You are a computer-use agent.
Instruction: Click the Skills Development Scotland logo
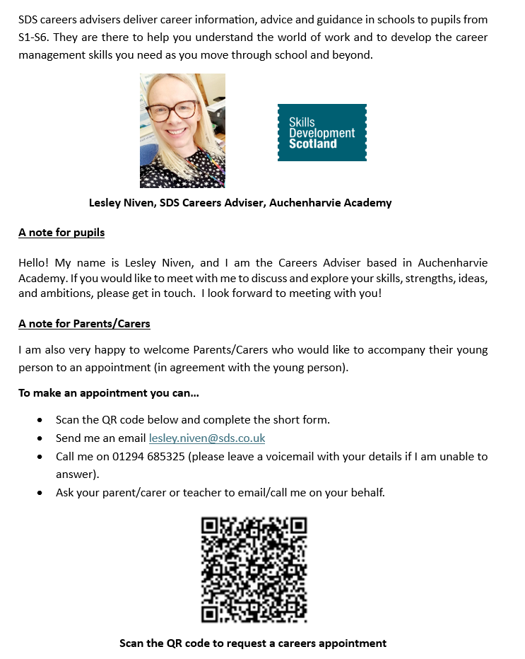(x=322, y=132)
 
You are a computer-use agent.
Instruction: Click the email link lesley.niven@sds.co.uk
(x=207, y=438)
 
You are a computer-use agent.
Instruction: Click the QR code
(x=254, y=569)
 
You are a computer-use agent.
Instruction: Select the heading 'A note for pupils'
(x=61, y=232)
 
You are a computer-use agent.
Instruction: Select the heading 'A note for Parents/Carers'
(x=84, y=324)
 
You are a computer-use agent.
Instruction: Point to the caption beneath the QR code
(x=253, y=643)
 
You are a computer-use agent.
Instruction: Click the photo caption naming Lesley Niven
(x=240, y=203)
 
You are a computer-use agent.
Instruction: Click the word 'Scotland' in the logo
(x=312, y=144)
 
